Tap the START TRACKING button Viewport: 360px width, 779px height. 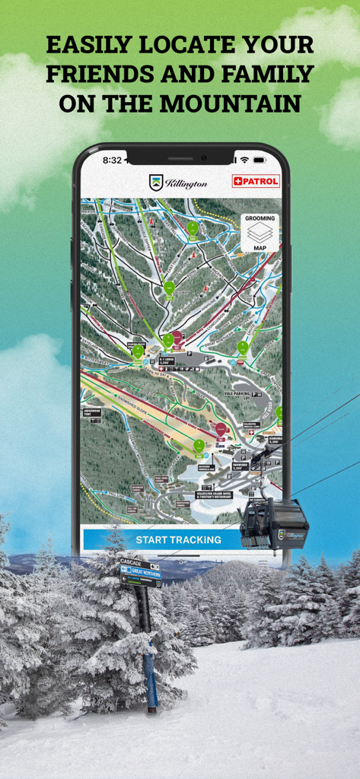(178, 539)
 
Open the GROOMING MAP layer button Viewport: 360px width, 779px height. (260, 233)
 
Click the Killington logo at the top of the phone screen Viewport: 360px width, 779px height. (178, 183)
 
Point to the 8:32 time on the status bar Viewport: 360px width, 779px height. (112, 161)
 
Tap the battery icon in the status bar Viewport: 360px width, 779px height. (260, 161)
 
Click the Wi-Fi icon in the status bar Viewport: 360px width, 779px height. (244, 161)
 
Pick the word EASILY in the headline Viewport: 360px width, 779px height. (88, 45)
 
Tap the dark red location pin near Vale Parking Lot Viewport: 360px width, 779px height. (220, 430)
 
